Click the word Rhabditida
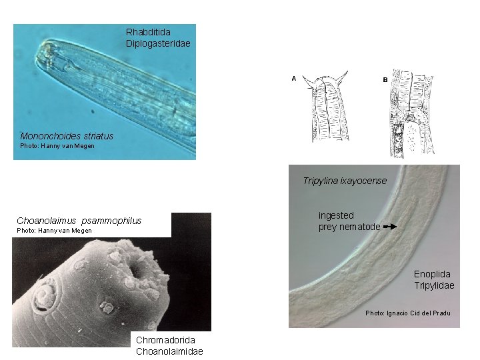[x=148, y=32]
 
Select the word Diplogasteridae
[x=158, y=43]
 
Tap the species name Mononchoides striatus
[x=67, y=136]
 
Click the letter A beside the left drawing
[x=293, y=78]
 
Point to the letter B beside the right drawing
[x=385, y=79]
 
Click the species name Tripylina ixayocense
[x=344, y=181]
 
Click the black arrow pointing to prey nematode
[x=390, y=227]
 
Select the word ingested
[x=336, y=215]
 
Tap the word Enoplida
[x=431, y=274]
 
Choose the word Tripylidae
[x=433, y=285]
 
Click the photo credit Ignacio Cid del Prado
[x=407, y=313]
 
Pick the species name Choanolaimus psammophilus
[x=79, y=221]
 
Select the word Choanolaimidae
[x=169, y=351]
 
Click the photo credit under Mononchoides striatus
[x=57, y=146]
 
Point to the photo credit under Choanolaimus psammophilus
[x=54, y=231]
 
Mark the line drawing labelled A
[x=327, y=107]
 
